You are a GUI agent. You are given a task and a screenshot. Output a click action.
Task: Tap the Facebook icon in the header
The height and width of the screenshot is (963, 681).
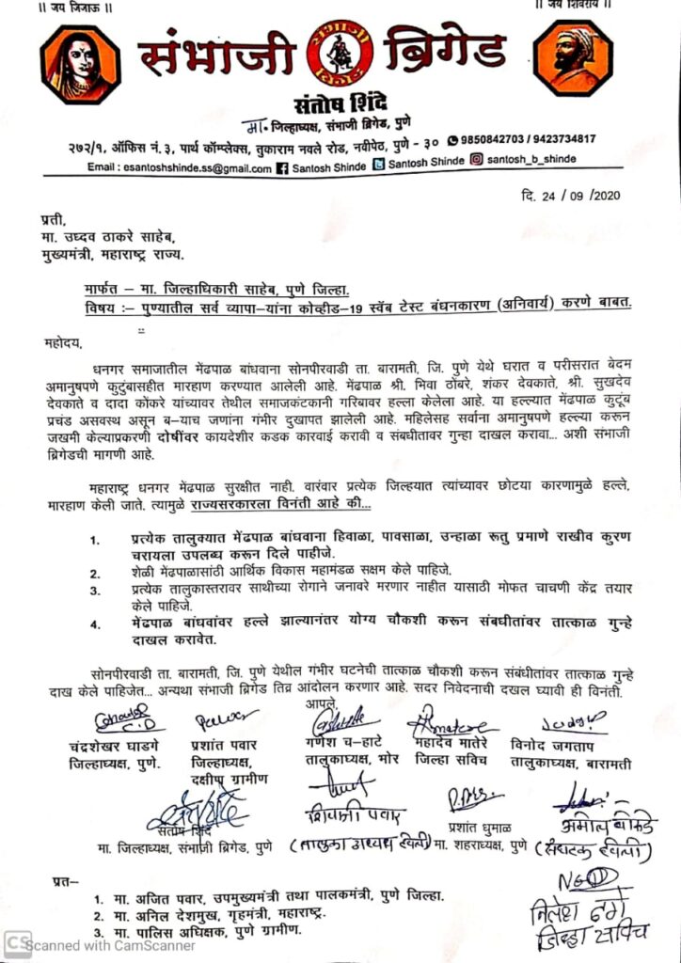(280, 167)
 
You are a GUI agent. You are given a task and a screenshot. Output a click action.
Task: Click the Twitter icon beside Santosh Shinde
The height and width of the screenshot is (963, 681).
(379, 165)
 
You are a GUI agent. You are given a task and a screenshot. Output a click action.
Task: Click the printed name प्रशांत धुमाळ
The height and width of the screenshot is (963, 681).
(476, 829)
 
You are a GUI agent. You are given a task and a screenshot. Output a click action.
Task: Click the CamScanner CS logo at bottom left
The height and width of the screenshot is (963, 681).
(13, 943)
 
